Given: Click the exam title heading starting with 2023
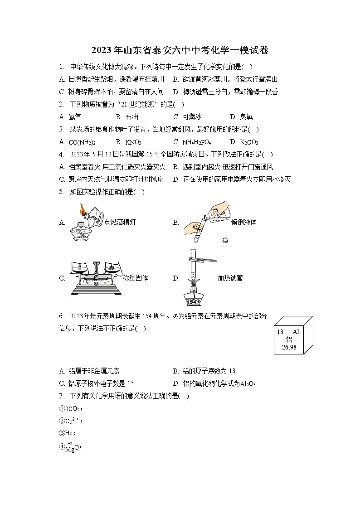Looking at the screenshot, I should point(180,50).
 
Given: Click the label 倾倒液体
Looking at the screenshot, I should point(243,222).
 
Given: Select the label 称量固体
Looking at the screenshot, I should point(135,278).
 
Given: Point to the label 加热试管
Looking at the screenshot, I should point(229,278).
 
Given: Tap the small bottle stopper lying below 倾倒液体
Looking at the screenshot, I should point(224,240).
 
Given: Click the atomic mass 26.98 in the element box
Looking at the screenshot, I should point(289,347).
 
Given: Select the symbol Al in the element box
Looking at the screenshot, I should point(296,332).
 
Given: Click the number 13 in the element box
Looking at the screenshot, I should point(280,332).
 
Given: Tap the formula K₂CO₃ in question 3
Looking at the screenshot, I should point(249,142).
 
